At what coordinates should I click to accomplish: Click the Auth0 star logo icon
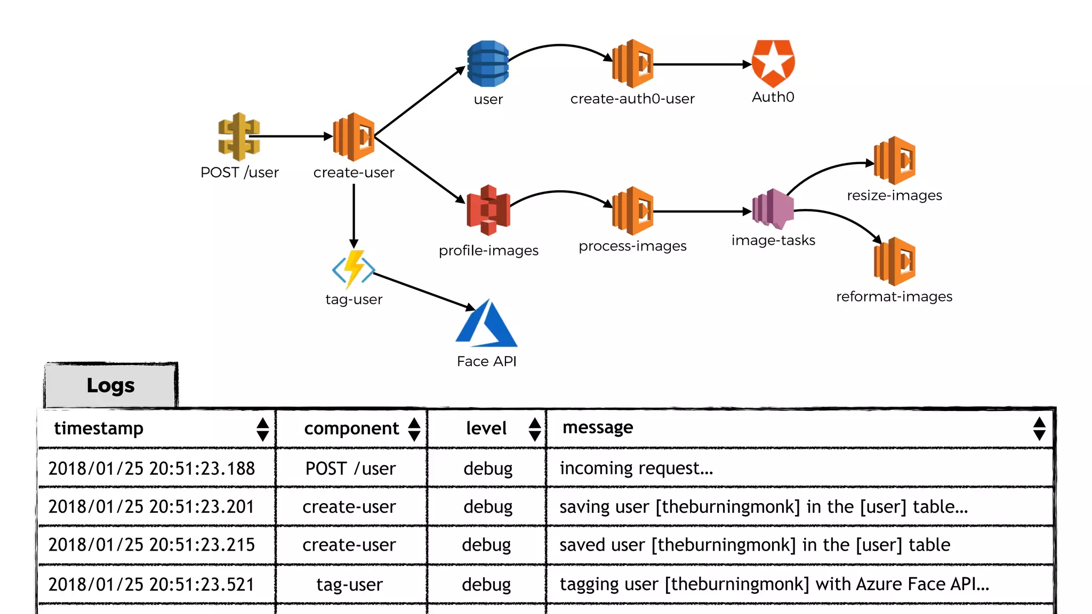(x=773, y=63)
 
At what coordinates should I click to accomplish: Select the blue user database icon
(x=487, y=63)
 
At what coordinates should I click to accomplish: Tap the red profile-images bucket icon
(x=488, y=210)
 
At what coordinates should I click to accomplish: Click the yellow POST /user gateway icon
(x=238, y=136)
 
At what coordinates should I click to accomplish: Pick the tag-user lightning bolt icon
(x=354, y=269)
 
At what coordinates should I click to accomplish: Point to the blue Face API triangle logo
(x=486, y=325)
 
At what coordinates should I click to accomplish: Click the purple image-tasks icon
(x=773, y=209)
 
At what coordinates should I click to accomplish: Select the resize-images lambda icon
(x=895, y=160)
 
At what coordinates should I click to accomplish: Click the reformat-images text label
(x=894, y=296)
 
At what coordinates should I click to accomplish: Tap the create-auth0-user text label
(x=632, y=99)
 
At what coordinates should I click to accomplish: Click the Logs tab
(x=111, y=385)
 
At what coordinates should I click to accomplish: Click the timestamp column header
(x=99, y=429)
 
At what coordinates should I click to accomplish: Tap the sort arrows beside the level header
(x=535, y=429)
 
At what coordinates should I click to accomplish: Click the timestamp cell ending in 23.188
(x=152, y=468)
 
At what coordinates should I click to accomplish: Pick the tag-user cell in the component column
(x=350, y=585)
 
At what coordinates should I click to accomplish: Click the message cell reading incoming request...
(x=636, y=468)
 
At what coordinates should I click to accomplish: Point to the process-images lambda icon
(x=633, y=211)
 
